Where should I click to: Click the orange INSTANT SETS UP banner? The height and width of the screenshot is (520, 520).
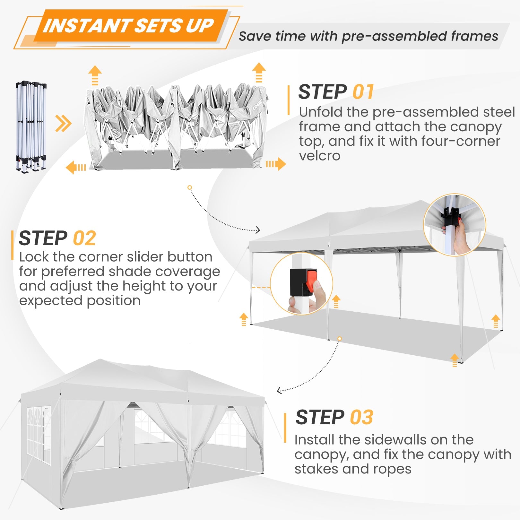click(x=128, y=26)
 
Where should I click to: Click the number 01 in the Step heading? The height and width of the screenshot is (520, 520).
click(x=363, y=92)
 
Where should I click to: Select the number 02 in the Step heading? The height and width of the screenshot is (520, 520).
click(x=84, y=238)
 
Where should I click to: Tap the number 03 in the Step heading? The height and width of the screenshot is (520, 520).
click(x=361, y=418)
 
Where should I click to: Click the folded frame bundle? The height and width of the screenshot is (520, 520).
click(x=31, y=126)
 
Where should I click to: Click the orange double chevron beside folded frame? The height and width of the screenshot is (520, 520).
click(x=63, y=124)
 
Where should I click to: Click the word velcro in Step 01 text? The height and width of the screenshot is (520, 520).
click(x=319, y=156)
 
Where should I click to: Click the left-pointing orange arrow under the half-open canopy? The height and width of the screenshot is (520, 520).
click(x=75, y=168)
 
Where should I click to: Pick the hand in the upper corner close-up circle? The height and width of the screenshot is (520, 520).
click(x=462, y=238)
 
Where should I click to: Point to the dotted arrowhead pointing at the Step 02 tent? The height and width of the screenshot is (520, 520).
click(x=258, y=230)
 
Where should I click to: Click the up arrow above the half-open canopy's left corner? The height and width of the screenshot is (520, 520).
click(x=95, y=75)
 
